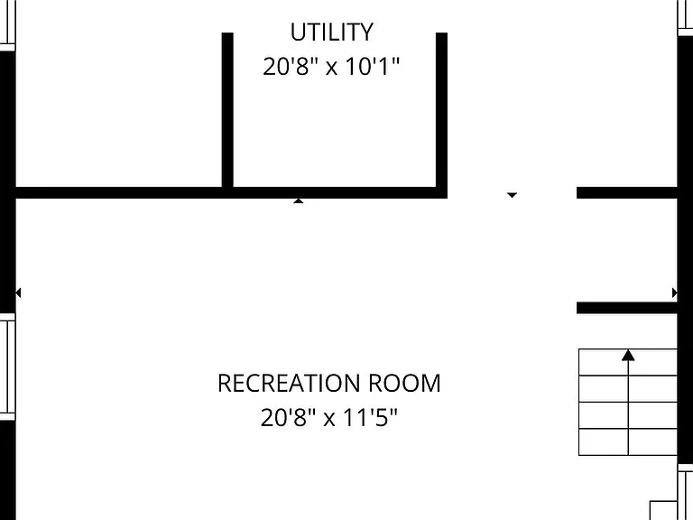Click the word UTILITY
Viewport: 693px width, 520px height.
pos(331,32)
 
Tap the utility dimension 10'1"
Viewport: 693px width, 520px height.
pos(372,67)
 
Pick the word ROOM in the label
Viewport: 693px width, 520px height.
pos(404,384)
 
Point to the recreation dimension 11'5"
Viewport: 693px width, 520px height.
pos(370,417)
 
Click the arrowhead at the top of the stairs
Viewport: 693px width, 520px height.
pos(628,355)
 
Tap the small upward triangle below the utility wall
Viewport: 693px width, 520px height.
pos(299,200)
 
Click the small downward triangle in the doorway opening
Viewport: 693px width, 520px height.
pos(512,195)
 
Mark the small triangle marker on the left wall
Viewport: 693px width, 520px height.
pos(18,292)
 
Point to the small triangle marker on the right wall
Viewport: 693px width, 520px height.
pos(674,292)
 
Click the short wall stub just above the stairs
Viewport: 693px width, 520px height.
pos(627,308)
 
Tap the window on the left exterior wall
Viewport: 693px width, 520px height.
pos(7,367)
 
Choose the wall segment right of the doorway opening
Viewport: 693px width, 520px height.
pos(627,192)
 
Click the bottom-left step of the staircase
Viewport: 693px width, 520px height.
pos(604,441)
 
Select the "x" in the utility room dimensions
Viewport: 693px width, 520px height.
pos(331,70)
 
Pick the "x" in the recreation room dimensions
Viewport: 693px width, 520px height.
pos(329,420)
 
